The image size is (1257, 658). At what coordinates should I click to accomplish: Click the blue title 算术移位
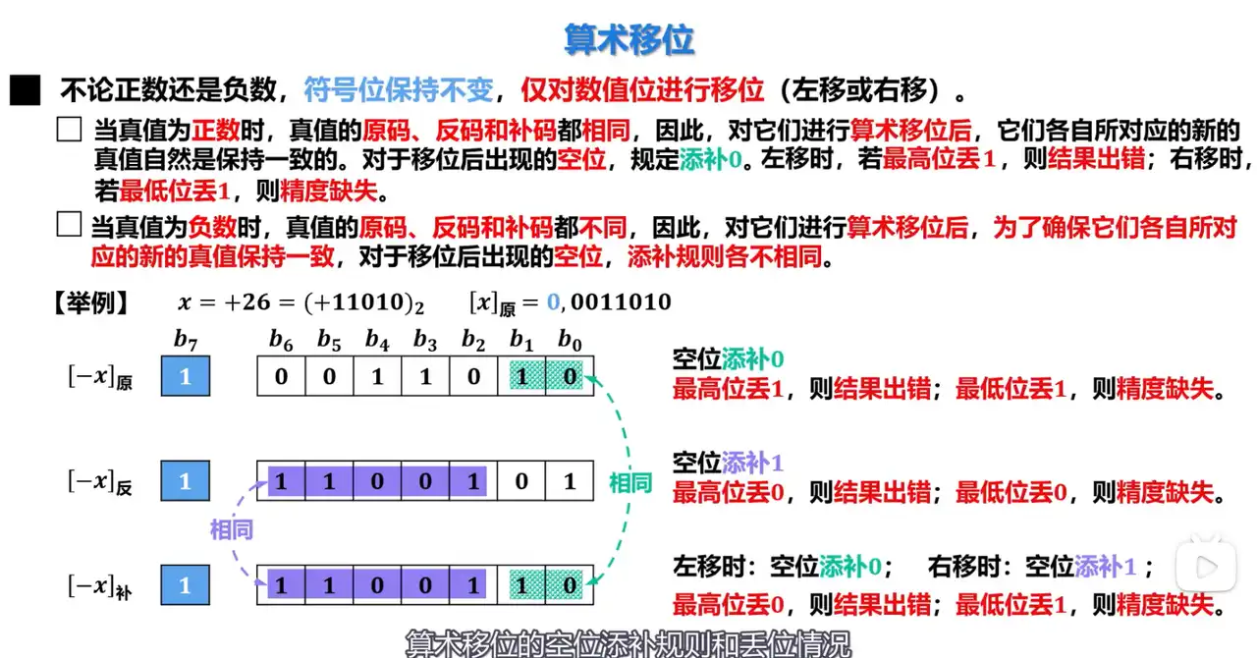pos(628,39)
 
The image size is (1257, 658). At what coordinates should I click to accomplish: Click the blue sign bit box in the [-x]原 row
pos(186,377)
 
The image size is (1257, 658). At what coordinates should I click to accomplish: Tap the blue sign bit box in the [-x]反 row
pos(186,481)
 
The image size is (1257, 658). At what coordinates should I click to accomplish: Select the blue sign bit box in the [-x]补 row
pos(186,585)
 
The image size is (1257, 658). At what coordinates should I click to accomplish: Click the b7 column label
pos(186,340)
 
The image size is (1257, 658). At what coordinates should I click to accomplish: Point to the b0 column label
pos(569,340)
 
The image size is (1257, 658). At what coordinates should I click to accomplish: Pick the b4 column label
pos(377,340)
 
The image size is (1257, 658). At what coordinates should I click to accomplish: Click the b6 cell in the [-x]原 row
pos(282,377)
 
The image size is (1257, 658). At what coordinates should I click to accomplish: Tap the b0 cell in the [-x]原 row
pos(569,377)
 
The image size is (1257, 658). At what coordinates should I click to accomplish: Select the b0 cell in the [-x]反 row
pos(569,481)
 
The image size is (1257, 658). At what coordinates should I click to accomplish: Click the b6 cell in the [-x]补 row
pos(282,585)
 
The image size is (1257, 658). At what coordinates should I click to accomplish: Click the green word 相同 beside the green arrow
pos(629,482)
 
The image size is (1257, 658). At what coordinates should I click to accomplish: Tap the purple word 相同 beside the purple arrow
pos(232,530)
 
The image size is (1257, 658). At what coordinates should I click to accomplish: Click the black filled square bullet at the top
pos(25,91)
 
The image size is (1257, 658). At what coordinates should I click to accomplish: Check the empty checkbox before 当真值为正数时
pos(69,130)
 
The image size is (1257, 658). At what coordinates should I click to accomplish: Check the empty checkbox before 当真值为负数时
pos(69,226)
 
